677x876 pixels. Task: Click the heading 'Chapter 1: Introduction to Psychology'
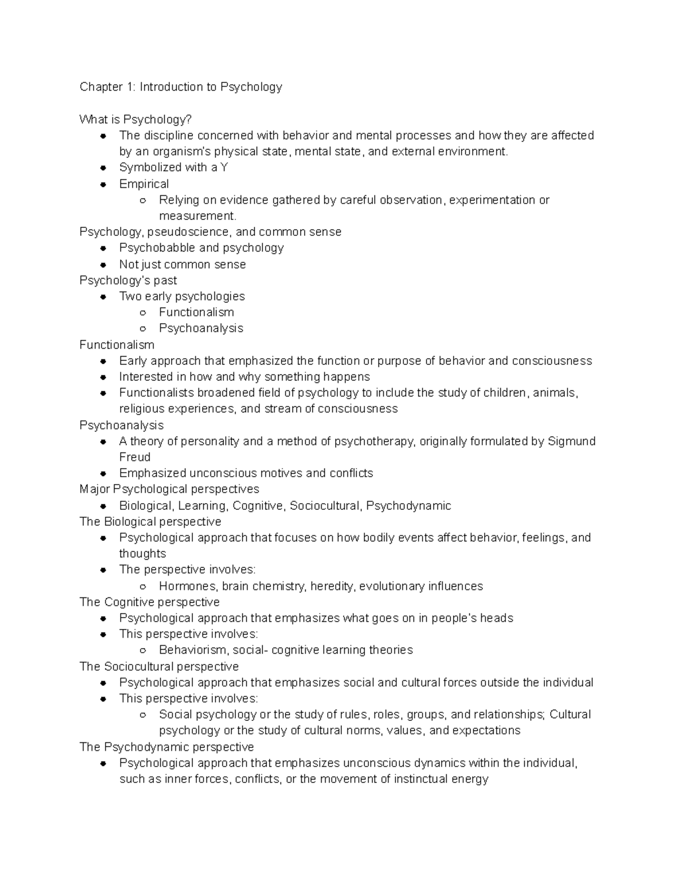[x=181, y=87]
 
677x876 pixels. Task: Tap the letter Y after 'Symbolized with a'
[x=224, y=168]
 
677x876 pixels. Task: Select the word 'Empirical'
[x=144, y=184]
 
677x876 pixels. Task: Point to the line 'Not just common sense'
[x=182, y=265]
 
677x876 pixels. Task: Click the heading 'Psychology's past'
[x=128, y=280]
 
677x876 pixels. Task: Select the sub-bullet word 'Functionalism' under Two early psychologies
[x=196, y=312]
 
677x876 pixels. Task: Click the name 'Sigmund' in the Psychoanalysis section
[x=572, y=441]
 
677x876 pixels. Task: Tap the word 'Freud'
[x=135, y=457]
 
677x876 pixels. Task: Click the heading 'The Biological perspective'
[x=150, y=522]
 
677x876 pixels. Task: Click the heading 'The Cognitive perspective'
[x=150, y=602]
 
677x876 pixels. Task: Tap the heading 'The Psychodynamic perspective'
[x=166, y=747]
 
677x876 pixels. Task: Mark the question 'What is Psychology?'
[x=135, y=120]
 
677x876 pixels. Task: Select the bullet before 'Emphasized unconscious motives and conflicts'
[x=103, y=474]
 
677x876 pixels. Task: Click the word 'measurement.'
[x=197, y=216]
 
